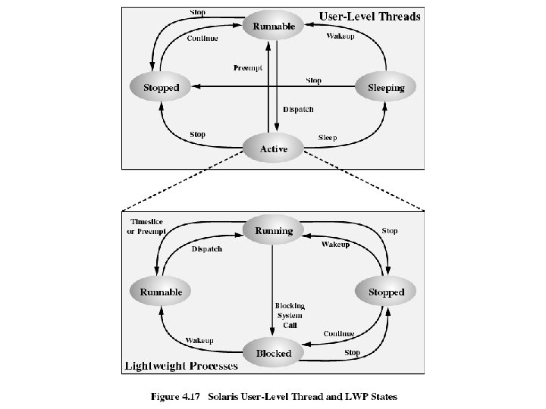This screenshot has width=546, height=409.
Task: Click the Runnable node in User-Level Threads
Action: (274, 27)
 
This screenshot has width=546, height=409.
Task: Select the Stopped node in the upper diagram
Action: (161, 88)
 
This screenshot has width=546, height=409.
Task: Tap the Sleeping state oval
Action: (386, 88)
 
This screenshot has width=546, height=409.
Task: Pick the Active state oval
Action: (274, 149)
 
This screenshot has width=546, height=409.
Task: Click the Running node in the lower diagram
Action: (273, 230)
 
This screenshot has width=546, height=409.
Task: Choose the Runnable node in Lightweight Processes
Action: (161, 292)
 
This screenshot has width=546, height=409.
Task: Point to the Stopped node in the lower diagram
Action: (386, 292)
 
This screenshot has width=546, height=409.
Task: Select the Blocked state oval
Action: (273, 353)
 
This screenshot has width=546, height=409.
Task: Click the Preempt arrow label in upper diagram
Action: (248, 68)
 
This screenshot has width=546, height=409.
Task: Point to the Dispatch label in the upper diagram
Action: (298, 109)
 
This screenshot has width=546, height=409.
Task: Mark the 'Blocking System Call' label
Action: (289, 315)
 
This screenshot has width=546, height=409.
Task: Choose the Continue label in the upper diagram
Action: (202, 39)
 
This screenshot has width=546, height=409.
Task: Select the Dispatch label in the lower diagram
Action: (206, 248)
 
